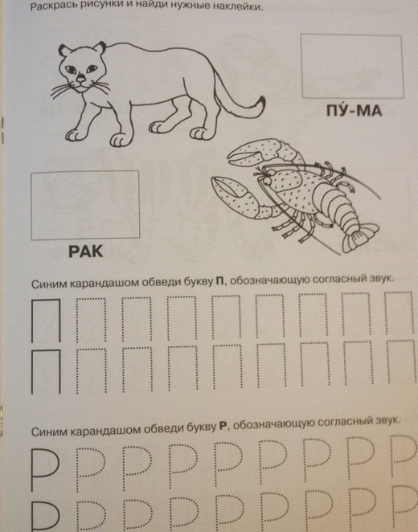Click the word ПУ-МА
[x=354, y=110]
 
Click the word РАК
[x=85, y=252]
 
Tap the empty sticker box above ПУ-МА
[x=352, y=66]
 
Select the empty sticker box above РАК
[x=85, y=205]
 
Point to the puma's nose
[x=80, y=79]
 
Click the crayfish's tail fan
[x=359, y=238]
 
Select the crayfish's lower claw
[x=234, y=196]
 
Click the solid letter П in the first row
[x=46, y=321]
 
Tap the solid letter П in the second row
[x=46, y=371]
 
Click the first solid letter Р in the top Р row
[x=45, y=469]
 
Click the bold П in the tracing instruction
[x=219, y=281]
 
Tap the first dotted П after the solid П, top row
[x=91, y=320]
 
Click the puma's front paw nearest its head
[x=76, y=135]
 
